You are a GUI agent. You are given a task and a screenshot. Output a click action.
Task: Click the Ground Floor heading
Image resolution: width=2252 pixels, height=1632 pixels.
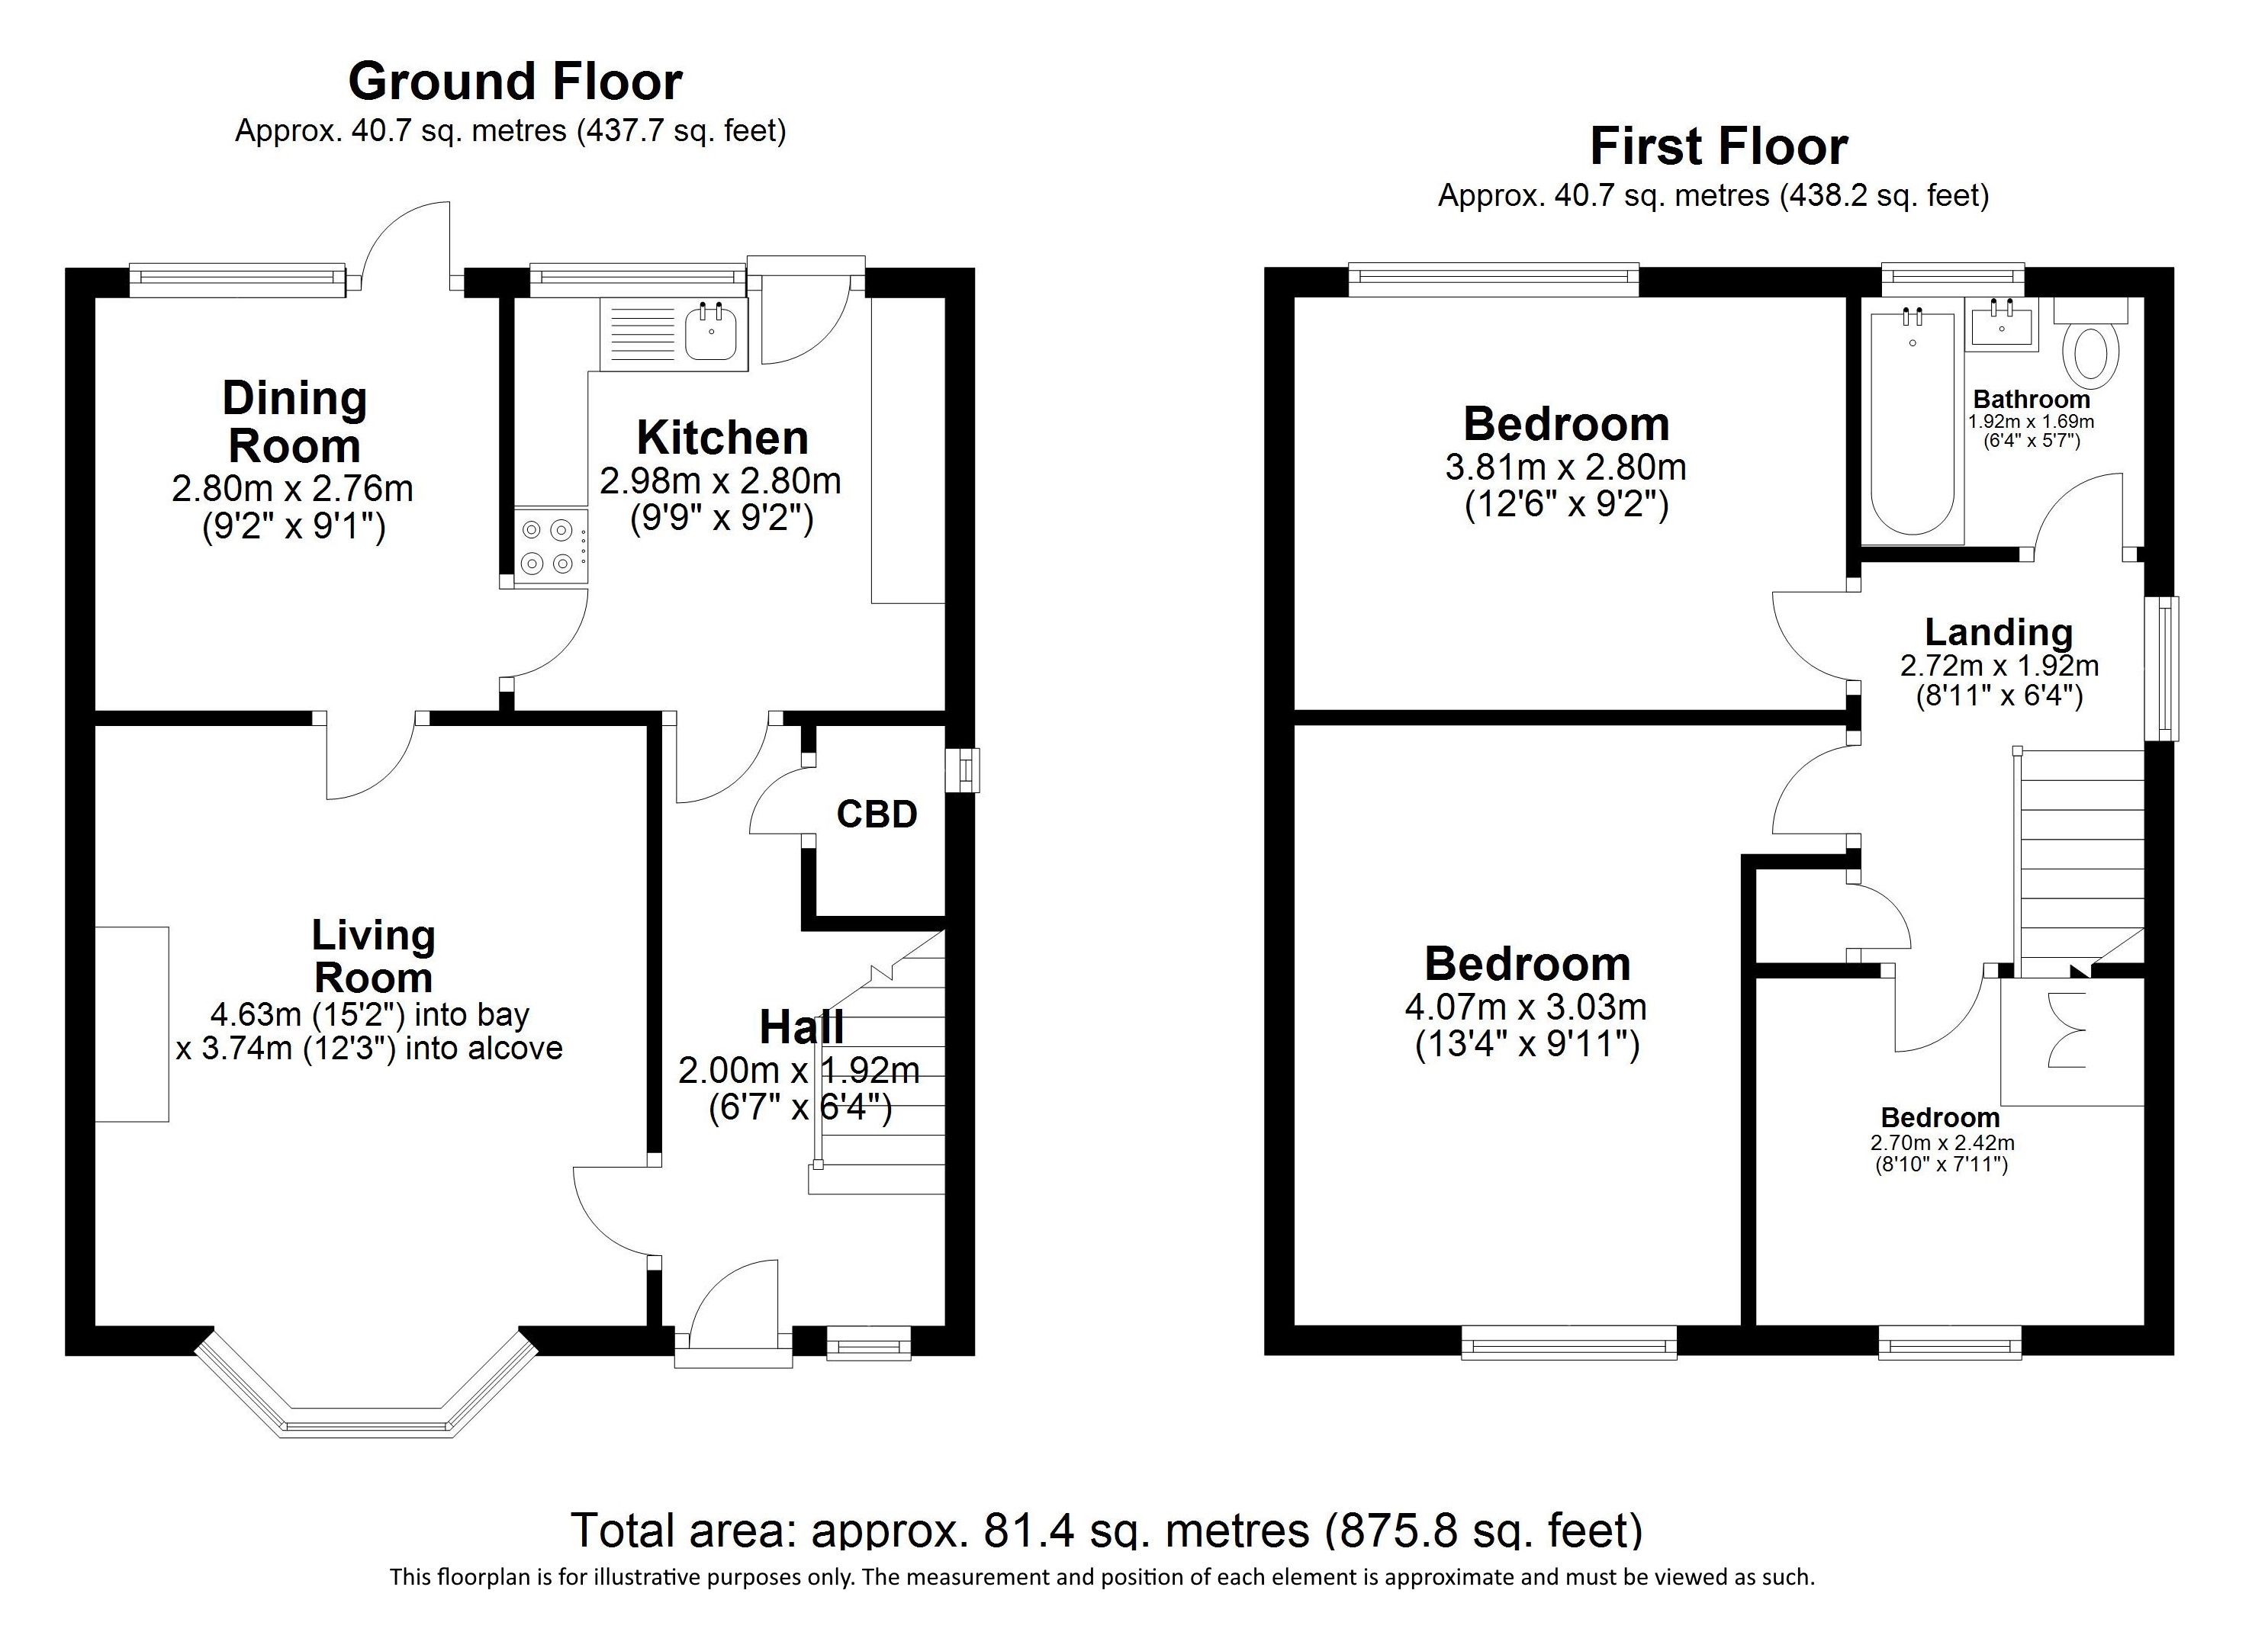pos(516,82)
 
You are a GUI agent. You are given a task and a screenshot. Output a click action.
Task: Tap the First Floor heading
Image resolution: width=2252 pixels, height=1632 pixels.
pos(1719,147)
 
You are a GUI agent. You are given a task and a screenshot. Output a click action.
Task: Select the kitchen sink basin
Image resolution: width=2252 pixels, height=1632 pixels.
pos(711,332)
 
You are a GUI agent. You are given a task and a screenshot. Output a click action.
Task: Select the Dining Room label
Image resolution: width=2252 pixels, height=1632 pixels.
pos(294,422)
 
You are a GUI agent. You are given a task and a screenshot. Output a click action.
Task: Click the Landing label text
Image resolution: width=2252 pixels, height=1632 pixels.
pos(1999,632)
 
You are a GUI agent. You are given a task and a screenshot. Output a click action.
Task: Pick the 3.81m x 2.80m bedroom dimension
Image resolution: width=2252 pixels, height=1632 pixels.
pos(1566,467)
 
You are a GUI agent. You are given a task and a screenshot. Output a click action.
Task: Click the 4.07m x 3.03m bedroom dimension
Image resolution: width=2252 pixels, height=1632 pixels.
pos(1527,1007)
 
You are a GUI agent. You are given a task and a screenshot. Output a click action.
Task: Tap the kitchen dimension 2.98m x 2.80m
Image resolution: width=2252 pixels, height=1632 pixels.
pos(721,481)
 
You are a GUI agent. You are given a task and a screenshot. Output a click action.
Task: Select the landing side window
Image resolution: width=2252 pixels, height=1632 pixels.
pos(2163,668)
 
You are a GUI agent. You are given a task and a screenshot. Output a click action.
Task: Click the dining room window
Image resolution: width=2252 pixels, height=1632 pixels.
pos(237,280)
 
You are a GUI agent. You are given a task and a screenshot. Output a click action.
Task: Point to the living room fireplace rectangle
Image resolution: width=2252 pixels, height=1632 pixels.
pos(132,1024)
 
